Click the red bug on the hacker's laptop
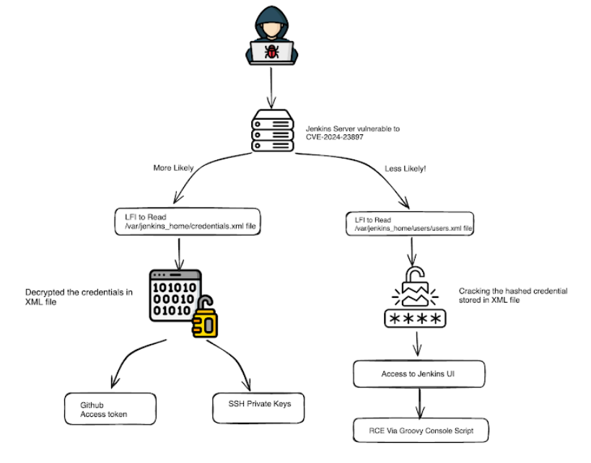(x=271, y=52)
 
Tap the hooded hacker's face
(x=272, y=29)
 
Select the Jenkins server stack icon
(x=273, y=131)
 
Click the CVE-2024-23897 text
(x=334, y=137)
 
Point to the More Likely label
(x=173, y=168)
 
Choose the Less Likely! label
(x=405, y=169)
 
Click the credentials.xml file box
(x=188, y=222)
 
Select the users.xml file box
(x=410, y=224)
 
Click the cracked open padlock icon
(x=415, y=287)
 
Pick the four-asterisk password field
(x=415, y=319)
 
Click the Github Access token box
(x=110, y=409)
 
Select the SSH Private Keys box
(x=258, y=408)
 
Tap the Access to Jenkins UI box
(x=419, y=374)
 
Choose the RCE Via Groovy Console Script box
(x=421, y=431)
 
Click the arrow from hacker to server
(x=271, y=88)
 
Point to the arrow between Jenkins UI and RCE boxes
(x=420, y=402)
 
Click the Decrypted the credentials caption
(x=79, y=297)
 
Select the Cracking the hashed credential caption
(x=513, y=296)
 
